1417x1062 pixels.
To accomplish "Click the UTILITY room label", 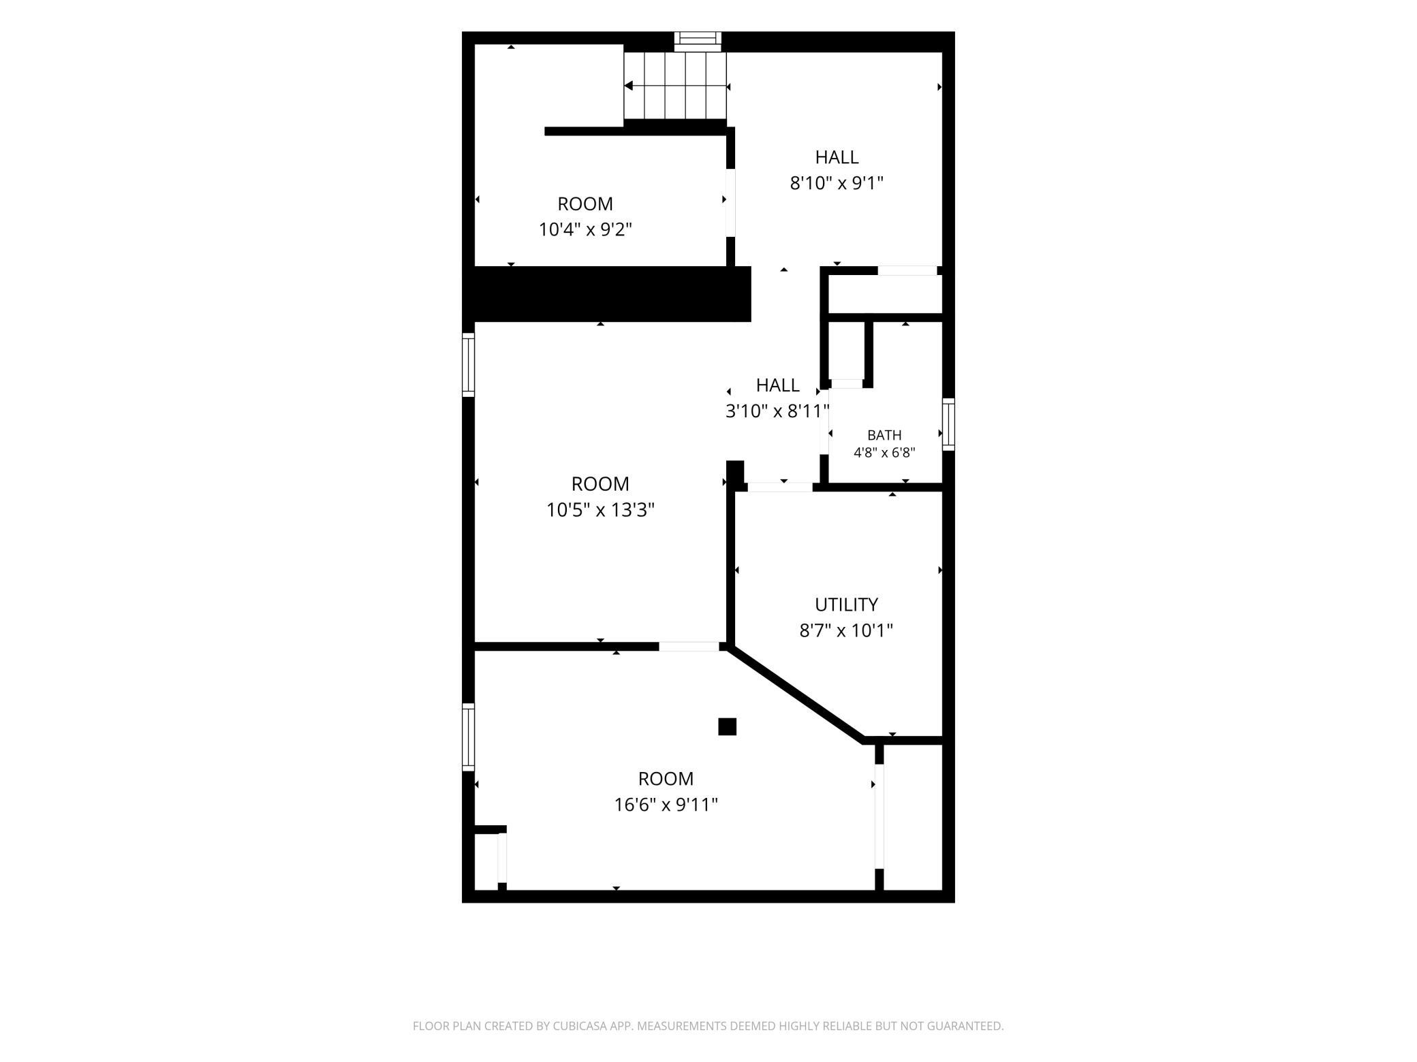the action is [x=846, y=605].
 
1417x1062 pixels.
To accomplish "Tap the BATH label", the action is [x=884, y=435].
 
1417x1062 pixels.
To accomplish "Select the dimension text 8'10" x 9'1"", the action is [x=837, y=183].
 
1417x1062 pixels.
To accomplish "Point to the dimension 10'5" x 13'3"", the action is [x=600, y=510].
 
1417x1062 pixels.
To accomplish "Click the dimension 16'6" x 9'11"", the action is [x=666, y=805].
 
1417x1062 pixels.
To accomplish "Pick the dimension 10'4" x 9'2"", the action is [x=585, y=229].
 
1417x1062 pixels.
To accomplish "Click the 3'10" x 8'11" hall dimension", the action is [x=777, y=411].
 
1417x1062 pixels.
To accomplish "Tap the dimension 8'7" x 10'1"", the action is [x=846, y=630].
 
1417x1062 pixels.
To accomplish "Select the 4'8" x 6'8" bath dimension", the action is [x=884, y=453].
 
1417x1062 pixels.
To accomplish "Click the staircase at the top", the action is [x=676, y=86].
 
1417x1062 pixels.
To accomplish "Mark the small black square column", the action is [x=728, y=727].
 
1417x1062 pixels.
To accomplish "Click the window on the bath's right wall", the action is [x=948, y=425].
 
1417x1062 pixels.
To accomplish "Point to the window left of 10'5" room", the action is [x=468, y=364].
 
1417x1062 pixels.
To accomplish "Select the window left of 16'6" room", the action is [x=468, y=737].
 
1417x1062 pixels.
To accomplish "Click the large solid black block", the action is [x=606, y=294].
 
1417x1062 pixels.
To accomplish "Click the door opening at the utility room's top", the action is [x=780, y=487].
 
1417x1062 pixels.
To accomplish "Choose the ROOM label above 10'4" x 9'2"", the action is [x=585, y=204].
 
